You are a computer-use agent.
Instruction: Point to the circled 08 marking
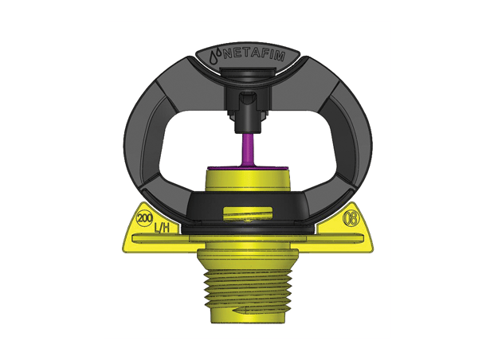tap(348, 217)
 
